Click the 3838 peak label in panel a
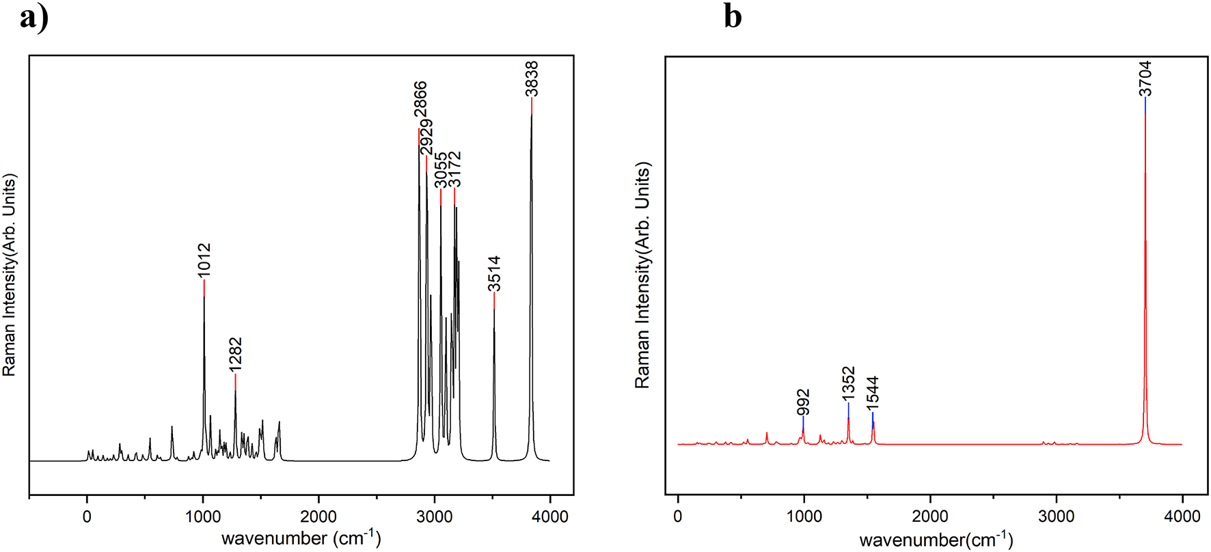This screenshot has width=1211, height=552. click(532, 79)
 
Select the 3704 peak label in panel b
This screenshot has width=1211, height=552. click(1145, 79)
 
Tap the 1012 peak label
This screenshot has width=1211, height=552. click(204, 260)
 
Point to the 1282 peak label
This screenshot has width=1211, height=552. click(235, 355)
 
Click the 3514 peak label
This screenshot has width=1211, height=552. click(494, 273)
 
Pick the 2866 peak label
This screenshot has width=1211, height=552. click(420, 103)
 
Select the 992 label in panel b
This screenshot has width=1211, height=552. click(803, 402)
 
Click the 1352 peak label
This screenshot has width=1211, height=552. click(848, 384)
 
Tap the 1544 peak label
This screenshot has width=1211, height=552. click(873, 394)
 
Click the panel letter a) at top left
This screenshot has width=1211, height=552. click(34, 16)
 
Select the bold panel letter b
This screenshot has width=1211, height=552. click(732, 16)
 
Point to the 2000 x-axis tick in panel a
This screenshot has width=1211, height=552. click(318, 516)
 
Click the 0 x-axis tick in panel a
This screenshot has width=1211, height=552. click(87, 516)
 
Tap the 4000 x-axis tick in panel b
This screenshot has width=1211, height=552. click(1182, 516)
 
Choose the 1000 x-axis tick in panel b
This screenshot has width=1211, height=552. click(804, 516)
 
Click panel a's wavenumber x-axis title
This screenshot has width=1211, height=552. click(301, 538)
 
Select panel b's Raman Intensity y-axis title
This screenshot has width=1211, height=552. click(642, 275)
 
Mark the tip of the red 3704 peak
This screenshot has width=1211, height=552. click(1145, 115)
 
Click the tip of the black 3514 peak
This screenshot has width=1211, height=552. click(494, 309)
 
